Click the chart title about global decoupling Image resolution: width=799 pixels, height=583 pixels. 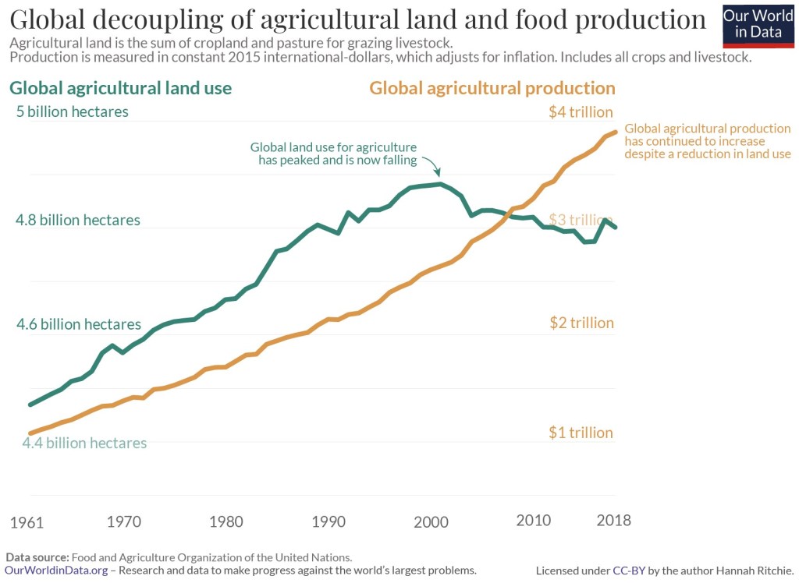pyautogui.click(x=358, y=19)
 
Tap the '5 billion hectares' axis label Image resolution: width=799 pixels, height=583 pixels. pyautogui.click(x=73, y=111)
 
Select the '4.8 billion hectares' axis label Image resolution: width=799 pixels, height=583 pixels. pyautogui.click(x=78, y=220)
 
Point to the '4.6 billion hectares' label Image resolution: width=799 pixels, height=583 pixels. pyautogui.click(x=79, y=324)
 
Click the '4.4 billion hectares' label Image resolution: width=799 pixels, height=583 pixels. pyautogui.click(x=84, y=443)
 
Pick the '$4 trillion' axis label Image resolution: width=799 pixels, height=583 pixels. pyautogui.click(x=581, y=112)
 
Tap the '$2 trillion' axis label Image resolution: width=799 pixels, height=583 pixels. pyautogui.click(x=581, y=323)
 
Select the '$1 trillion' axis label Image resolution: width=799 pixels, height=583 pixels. pyautogui.click(x=581, y=433)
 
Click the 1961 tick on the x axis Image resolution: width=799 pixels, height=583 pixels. pyautogui.click(x=27, y=521)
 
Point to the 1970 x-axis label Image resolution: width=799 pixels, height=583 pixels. pyautogui.click(x=123, y=521)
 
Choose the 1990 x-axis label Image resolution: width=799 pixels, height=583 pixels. pyautogui.click(x=326, y=521)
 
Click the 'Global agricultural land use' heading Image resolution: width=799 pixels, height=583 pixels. pyautogui.click(x=120, y=88)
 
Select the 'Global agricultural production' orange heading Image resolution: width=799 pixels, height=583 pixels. pyautogui.click(x=492, y=88)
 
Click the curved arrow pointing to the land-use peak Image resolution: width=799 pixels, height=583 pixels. pyautogui.click(x=431, y=165)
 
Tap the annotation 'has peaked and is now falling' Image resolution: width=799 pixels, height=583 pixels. pyautogui.click(x=337, y=161)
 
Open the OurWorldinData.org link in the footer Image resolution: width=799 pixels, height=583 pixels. pyautogui.click(x=56, y=571)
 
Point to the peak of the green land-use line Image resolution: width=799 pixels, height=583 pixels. pyautogui.click(x=441, y=184)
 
